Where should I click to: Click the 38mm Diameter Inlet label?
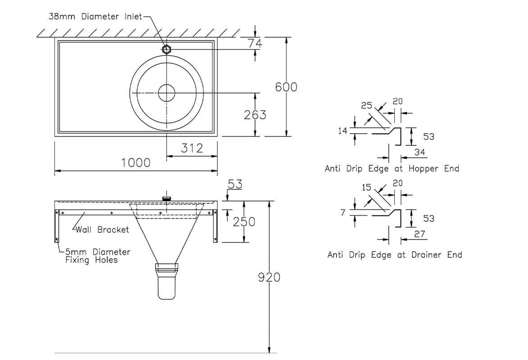pos(95,17)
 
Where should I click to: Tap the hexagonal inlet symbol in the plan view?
pos(167,49)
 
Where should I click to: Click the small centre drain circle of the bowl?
pos(167,93)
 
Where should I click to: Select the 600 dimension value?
pos(286,87)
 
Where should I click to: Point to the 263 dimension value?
pos(255,115)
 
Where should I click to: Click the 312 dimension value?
pos(192,148)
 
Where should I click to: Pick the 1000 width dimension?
pos(136,163)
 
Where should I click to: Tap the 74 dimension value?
pos(255,43)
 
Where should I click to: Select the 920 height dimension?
pos(269,278)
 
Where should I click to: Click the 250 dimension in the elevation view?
pos(244,222)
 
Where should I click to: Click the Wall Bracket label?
pos(102,229)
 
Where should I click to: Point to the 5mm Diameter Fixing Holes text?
pos(97,256)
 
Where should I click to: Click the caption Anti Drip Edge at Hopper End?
pos(392,169)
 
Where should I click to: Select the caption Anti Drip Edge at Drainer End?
pos(394,255)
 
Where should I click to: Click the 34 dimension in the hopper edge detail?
pos(420,153)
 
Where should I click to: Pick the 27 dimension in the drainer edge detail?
pos(420,234)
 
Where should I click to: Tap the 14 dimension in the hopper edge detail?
pos(343,131)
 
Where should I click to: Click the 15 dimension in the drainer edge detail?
pos(367,187)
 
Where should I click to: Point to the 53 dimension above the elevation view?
pos(235,184)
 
